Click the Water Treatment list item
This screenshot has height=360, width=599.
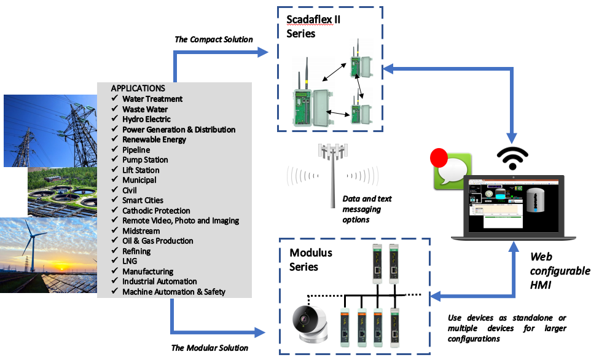point(152,99)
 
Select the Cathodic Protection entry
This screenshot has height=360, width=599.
point(155,211)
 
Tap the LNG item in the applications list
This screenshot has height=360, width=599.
point(130,261)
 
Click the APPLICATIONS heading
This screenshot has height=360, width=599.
point(138,88)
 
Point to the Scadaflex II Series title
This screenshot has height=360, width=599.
point(313,26)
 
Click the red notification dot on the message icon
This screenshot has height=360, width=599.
point(439,158)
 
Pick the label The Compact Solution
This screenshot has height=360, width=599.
point(213,39)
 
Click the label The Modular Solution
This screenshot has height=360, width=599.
point(209,348)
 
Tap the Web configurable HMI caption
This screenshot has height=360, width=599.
point(559,271)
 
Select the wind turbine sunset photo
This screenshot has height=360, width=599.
point(49,254)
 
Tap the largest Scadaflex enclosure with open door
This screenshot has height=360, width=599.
point(310,108)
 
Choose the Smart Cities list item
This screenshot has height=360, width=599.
point(143,200)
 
